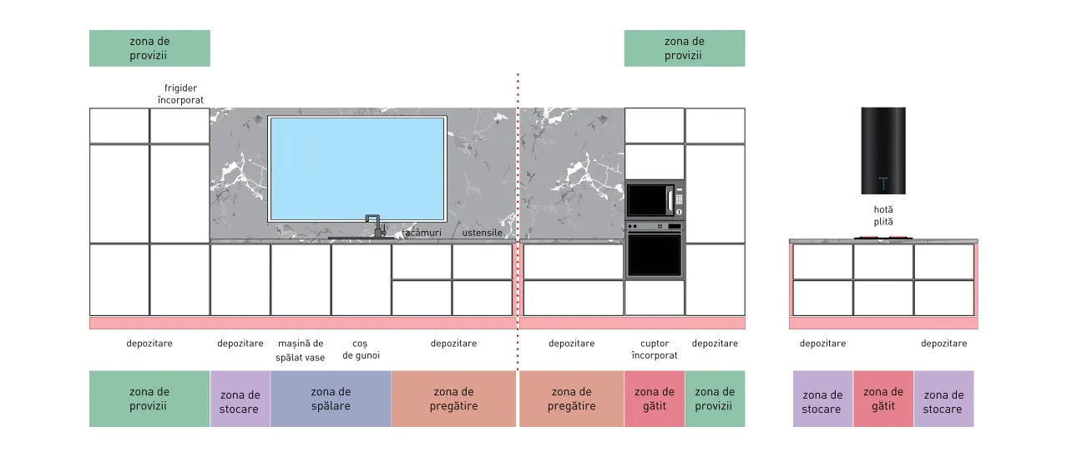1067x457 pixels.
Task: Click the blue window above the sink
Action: click(357, 168)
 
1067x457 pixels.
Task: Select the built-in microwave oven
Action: click(655, 200)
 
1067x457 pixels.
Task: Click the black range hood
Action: click(883, 151)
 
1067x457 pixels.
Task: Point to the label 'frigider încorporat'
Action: click(180, 94)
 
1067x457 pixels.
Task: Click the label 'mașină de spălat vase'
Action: click(300, 350)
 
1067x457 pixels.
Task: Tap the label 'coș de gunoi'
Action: click(361, 349)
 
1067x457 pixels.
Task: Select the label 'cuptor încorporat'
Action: click(655, 349)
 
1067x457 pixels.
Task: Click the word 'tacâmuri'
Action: click(422, 233)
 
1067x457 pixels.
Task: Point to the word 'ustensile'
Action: click(482, 233)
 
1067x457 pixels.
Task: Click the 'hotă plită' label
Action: click(883, 215)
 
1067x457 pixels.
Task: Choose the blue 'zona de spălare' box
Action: click(331, 399)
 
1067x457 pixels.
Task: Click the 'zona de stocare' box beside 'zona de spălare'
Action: click(240, 399)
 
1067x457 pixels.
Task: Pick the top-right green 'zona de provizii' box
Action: click(685, 48)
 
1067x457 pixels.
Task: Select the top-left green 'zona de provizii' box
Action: click(149, 48)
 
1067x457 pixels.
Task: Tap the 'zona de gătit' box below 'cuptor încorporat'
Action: click(655, 399)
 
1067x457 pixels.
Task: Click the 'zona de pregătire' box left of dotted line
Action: click(453, 399)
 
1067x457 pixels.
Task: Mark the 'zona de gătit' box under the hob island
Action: click(883, 399)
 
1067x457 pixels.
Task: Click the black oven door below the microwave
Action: click(655, 255)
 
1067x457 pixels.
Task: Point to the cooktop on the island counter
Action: click(883, 238)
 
